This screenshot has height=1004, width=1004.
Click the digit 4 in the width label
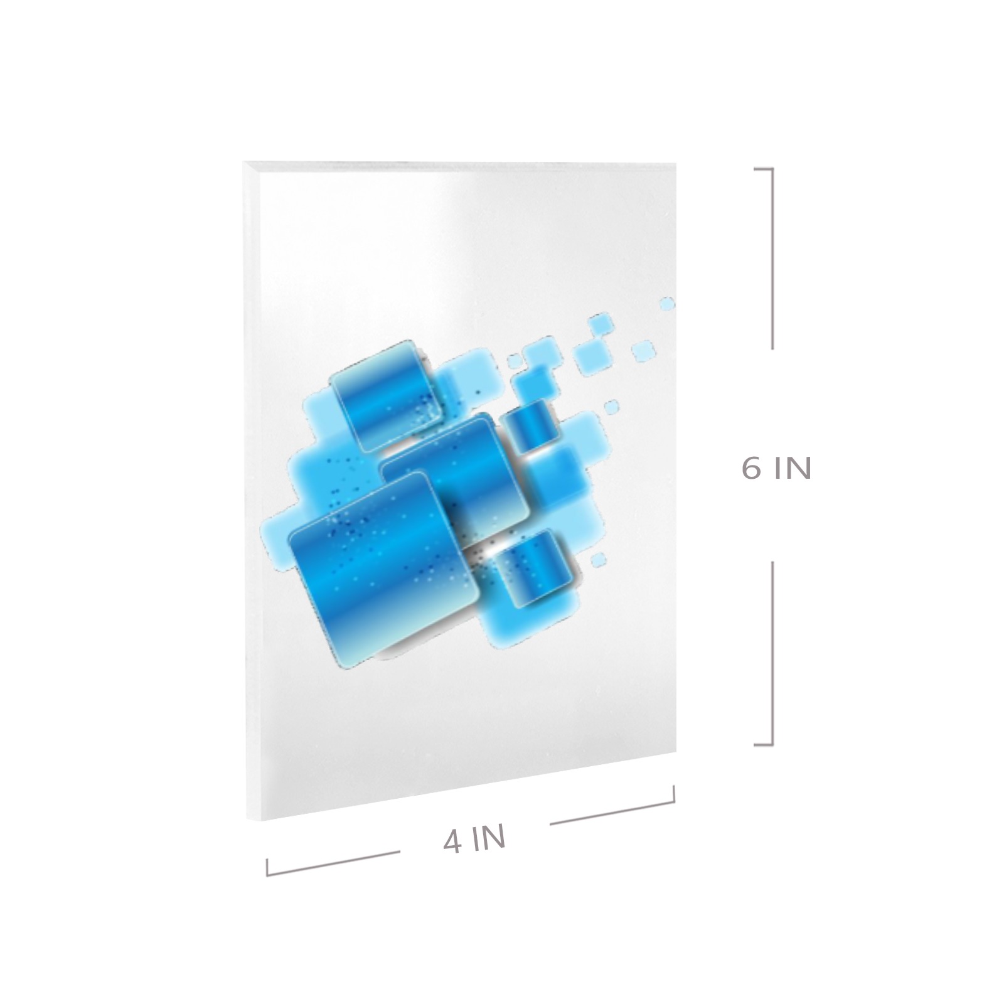point(453,842)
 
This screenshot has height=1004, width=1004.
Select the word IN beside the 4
point(489,838)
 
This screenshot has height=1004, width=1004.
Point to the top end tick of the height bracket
point(763,169)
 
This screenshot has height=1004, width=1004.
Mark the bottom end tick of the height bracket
point(763,744)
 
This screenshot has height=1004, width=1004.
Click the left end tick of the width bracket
point(267,867)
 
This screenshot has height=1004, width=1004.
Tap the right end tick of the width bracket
point(674,794)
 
